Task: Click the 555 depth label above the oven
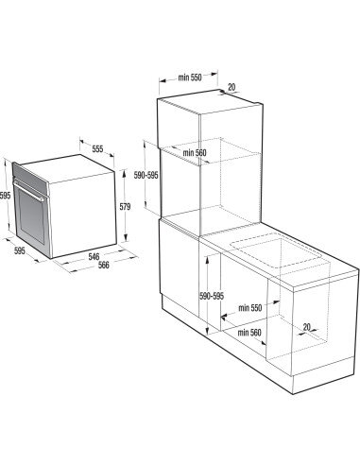(96, 149)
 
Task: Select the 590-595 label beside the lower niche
(213, 296)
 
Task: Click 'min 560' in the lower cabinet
(249, 332)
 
